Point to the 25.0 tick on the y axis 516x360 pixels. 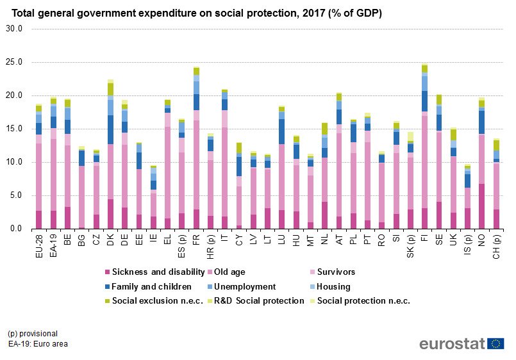(13, 62)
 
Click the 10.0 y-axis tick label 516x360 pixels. (13, 162)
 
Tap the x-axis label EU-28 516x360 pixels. (38, 245)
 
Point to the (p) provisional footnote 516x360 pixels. (33, 333)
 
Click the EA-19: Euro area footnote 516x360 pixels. (38, 343)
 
